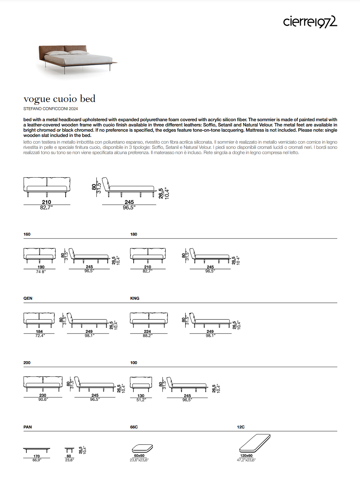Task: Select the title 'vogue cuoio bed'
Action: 60,98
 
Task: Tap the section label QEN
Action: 28,298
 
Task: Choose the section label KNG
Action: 135,298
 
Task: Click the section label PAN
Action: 28,427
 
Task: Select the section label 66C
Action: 134,427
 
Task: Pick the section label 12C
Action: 241,427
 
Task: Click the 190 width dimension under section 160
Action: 41,267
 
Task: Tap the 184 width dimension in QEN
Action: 39,331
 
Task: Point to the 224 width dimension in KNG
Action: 148,331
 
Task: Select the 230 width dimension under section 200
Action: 43,395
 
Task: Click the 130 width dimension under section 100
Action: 141,395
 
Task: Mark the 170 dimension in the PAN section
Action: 36,456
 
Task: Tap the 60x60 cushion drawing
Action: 142,448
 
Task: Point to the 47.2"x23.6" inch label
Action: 246,460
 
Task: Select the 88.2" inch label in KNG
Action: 148,336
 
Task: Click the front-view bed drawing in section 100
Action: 141,384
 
